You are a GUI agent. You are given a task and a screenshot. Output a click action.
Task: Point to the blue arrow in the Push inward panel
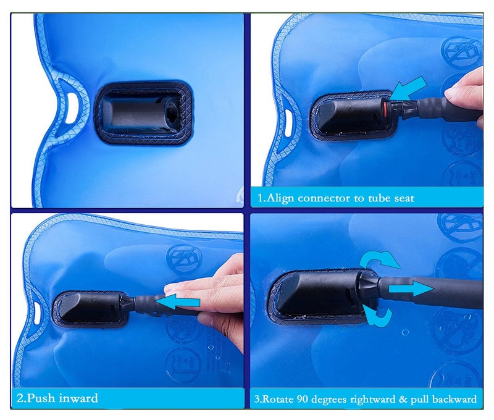182,300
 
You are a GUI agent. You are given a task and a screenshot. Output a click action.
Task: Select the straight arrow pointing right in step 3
410,288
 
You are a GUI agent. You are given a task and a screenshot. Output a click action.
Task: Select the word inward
78,398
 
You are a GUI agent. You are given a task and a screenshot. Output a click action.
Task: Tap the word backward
453,399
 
